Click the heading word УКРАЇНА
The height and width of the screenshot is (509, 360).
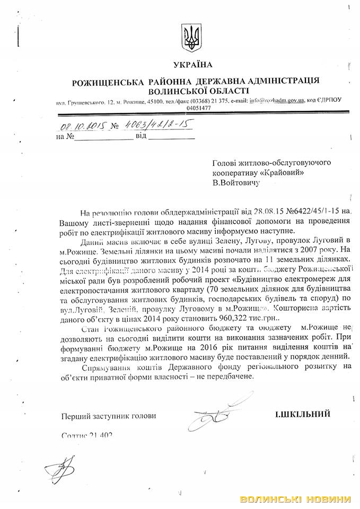192,65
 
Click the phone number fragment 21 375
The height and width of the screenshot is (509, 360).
217,100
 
